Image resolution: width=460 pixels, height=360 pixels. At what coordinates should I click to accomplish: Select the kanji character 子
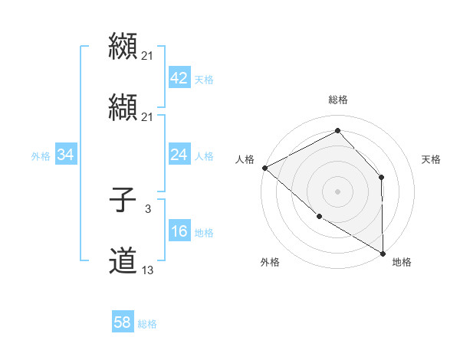(x=123, y=201)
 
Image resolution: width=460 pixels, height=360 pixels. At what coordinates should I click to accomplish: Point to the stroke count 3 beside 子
(x=148, y=208)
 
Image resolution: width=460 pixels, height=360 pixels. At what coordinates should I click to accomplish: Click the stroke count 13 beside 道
(x=148, y=270)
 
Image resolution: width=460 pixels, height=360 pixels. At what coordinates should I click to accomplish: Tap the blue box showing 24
(x=179, y=155)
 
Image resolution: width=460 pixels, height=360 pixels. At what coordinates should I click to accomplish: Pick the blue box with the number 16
(x=179, y=231)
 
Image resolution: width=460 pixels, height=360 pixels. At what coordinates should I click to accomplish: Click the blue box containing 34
(x=66, y=155)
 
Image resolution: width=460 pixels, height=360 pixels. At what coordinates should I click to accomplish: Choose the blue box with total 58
(x=123, y=323)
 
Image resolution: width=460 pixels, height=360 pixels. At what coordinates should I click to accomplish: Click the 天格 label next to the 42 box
(x=204, y=79)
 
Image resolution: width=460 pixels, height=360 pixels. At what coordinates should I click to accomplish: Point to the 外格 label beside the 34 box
(x=41, y=156)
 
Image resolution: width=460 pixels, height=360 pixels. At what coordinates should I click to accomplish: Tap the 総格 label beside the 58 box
(x=147, y=325)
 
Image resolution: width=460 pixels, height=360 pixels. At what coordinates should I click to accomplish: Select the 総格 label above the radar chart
(x=338, y=100)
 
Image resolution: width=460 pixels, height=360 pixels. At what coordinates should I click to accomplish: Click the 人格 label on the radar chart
(x=245, y=159)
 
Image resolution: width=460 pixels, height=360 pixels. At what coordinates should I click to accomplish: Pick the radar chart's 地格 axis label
(x=402, y=262)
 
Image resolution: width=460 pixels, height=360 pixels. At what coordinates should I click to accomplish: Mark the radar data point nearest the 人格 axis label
(x=264, y=168)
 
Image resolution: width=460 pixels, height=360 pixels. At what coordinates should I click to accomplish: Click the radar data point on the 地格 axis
(x=383, y=253)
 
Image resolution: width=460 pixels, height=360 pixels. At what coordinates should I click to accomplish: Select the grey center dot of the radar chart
(x=337, y=191)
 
